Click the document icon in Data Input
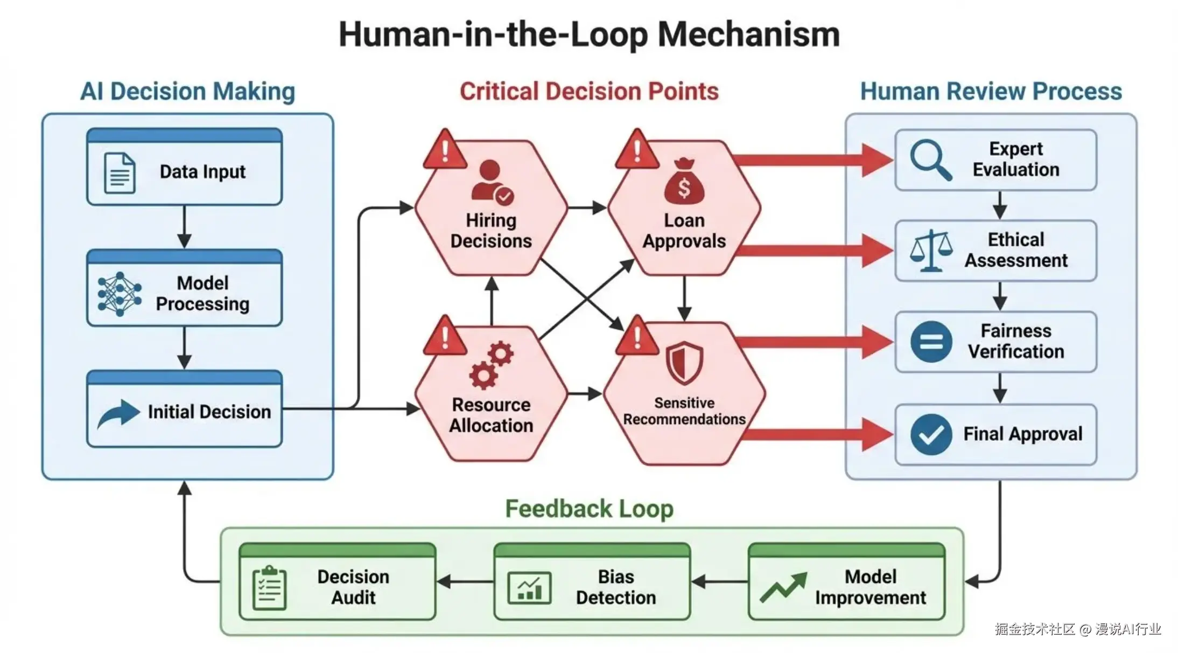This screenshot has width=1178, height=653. click(x=119, y=172)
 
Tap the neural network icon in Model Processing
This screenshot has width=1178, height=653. click(x=119, y=294)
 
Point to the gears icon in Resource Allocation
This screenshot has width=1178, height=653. click(x=491, y=365)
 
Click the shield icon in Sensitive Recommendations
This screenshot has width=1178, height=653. click(x=684, y=362)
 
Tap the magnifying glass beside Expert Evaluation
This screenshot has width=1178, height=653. click(x=930, y=159)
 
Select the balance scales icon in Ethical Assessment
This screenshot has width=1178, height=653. click(x=931, y=251)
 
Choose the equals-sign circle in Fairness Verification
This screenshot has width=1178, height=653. click(x=931, y=342)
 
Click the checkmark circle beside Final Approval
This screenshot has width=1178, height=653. click(x=931, y=434)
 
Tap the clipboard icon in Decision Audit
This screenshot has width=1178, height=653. click(x=269, y=588)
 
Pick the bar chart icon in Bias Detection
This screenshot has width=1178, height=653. click(x=529, y=588)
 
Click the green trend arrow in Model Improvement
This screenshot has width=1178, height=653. click(x=783, y=587)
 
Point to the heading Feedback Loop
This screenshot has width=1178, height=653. click(x=589, y=509)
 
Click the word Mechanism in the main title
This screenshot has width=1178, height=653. click(x=748, y=34)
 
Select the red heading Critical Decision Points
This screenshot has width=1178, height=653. click(x=589, y=91)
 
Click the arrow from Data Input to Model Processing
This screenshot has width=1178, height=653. click(x=184, y=226)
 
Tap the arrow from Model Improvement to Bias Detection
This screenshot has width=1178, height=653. click(x=719, y=582)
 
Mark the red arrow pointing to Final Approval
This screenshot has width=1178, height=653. click(x=818, y=434)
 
